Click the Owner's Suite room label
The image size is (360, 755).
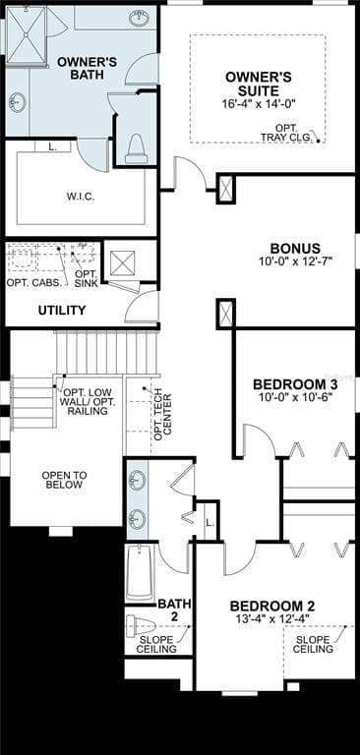tap(259, 83)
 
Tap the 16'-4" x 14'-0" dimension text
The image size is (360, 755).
tap(259, 103)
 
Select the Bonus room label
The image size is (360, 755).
tap(295, 249)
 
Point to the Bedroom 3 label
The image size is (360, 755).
tap(295, 384)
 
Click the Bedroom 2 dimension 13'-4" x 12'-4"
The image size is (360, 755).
tap(276, 618)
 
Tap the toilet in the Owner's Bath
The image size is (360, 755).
tap(135, 147)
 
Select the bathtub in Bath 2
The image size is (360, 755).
tap(139, 572)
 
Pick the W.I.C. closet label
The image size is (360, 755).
tap(81, 196)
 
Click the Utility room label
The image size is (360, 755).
tap(62, 311)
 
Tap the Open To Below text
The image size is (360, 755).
tap(64, 480)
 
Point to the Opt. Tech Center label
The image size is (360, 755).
tap(162, 415)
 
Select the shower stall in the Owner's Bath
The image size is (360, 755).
tap(26, 36)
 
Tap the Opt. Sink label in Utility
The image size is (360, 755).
tap(87, 278)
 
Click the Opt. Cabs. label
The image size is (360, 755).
tap(34, 283)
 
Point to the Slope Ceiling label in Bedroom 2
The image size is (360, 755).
tap(314, 644)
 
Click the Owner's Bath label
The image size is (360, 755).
tap(88, 69)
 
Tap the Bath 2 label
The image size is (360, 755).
tap(174, 609)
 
